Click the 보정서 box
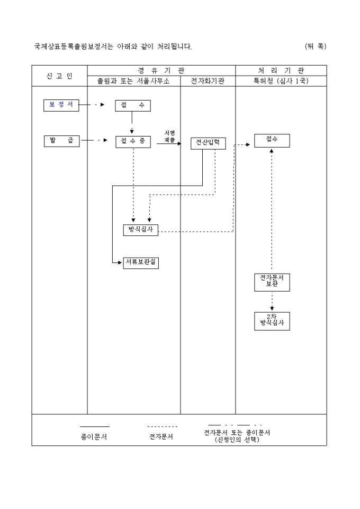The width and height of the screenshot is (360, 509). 61,105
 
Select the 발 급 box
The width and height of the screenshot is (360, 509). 61,141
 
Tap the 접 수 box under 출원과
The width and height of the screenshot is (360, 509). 132,106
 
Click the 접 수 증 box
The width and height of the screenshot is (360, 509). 132,141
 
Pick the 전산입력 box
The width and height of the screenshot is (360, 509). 208,143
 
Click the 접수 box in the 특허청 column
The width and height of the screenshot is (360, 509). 272,140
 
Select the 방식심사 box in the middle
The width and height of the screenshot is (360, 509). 140,230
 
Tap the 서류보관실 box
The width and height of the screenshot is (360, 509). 141,262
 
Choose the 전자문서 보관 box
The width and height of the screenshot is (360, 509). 272,282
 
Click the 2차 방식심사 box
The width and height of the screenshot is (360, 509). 272,321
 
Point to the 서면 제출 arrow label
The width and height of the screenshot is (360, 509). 169,137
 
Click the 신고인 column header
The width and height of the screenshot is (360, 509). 59,76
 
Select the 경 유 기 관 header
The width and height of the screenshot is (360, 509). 161,70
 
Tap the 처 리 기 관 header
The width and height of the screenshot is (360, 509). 281,70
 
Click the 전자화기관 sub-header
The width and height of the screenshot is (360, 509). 208,81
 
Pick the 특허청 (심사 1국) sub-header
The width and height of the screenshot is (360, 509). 281,81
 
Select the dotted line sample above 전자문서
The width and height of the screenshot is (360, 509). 162,426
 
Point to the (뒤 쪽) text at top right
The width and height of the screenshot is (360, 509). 316,47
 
